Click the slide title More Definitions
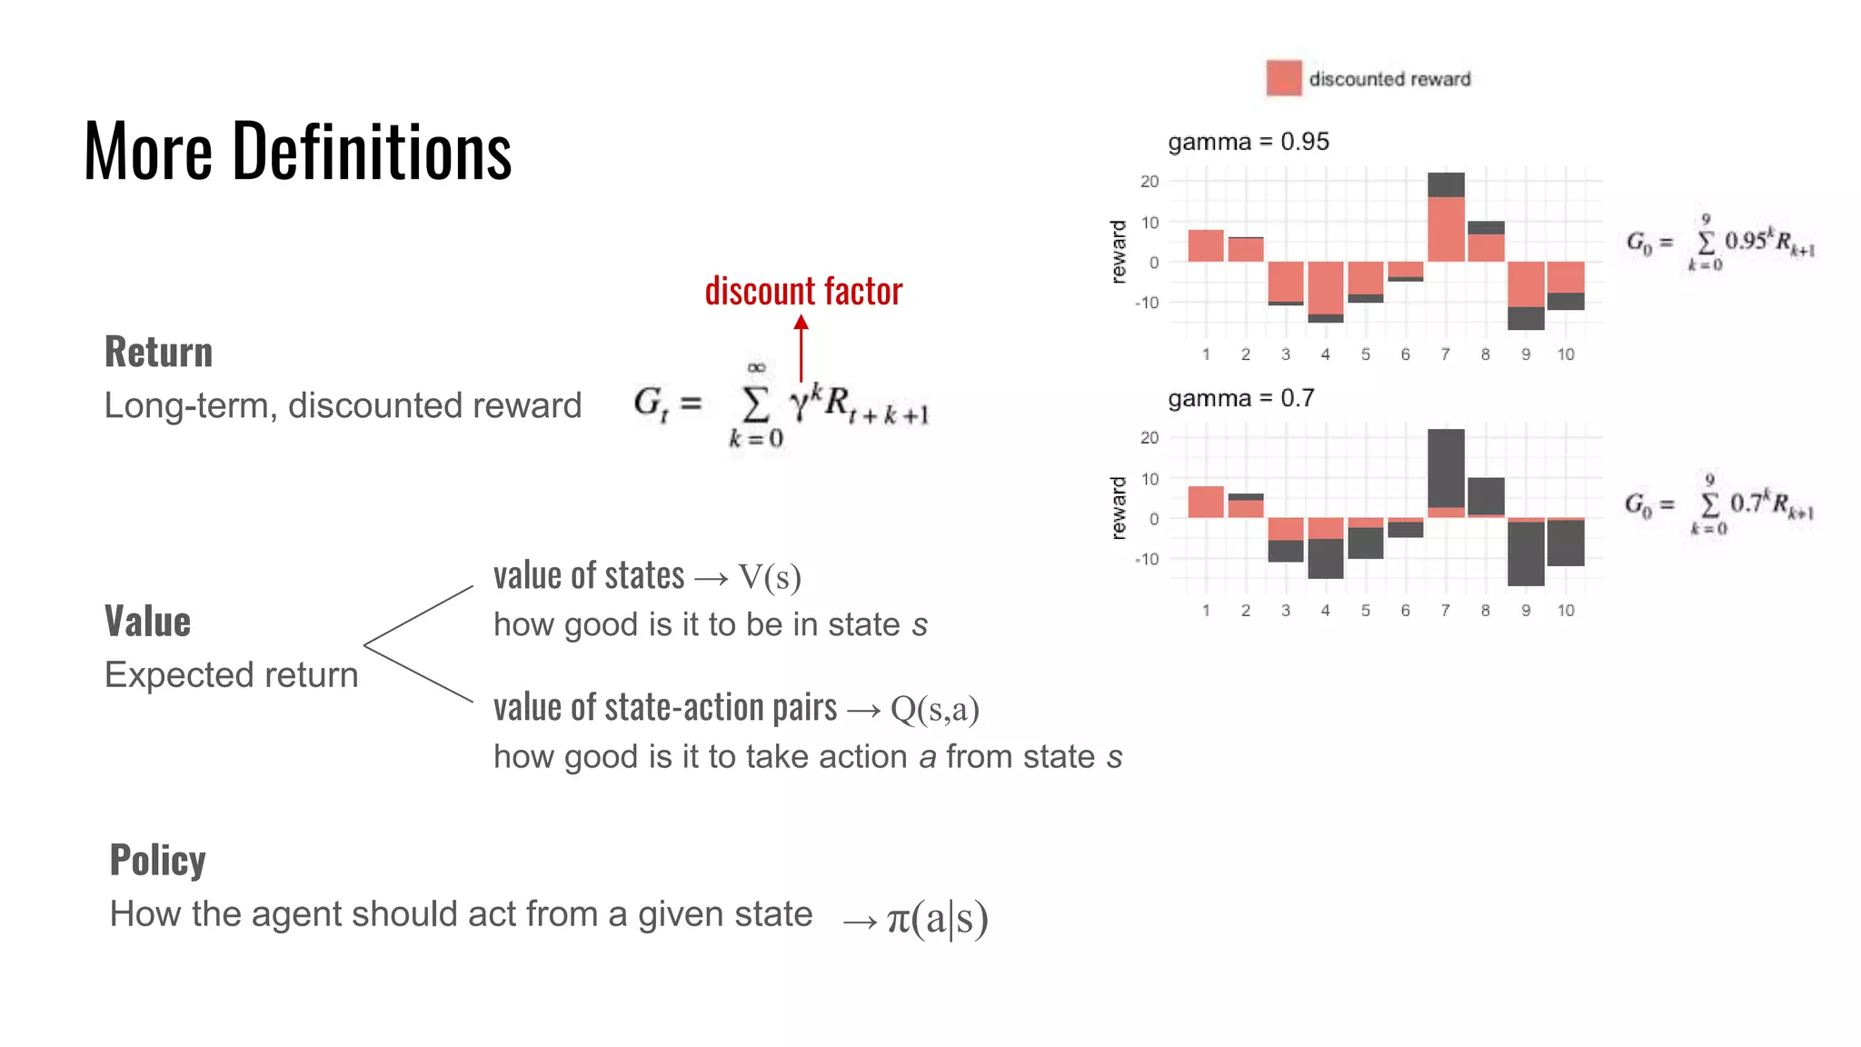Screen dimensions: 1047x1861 [x=297, y=151]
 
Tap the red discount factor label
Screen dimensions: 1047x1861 [x=803, y=292]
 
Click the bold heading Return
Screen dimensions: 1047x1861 [x=158, y=352]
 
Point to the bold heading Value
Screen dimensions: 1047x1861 [x=147, y=622]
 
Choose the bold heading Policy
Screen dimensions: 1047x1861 [x=157, y=860]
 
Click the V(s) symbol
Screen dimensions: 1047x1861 [x=769, y=577]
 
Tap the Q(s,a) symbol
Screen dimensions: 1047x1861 [x=934, y=709]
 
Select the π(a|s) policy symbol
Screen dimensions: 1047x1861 [x=937, y=918]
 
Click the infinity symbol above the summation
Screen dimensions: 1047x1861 [x=756, y=367]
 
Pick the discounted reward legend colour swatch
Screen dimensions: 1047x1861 [x=1283, y=78]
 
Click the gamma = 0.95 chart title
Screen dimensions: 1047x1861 [x=1248, y=142]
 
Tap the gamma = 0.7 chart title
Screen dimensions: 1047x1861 [x=1240, y=398]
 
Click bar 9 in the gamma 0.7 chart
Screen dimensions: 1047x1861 [x=1525, y=552]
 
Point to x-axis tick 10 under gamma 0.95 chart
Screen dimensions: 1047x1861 [x=1565, y=354]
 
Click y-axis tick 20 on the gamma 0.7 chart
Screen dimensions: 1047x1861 [x=1149, y=438]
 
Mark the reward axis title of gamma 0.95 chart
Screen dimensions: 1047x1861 [x=1119, y=252]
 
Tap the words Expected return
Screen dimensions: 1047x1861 [x=231, y=675]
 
